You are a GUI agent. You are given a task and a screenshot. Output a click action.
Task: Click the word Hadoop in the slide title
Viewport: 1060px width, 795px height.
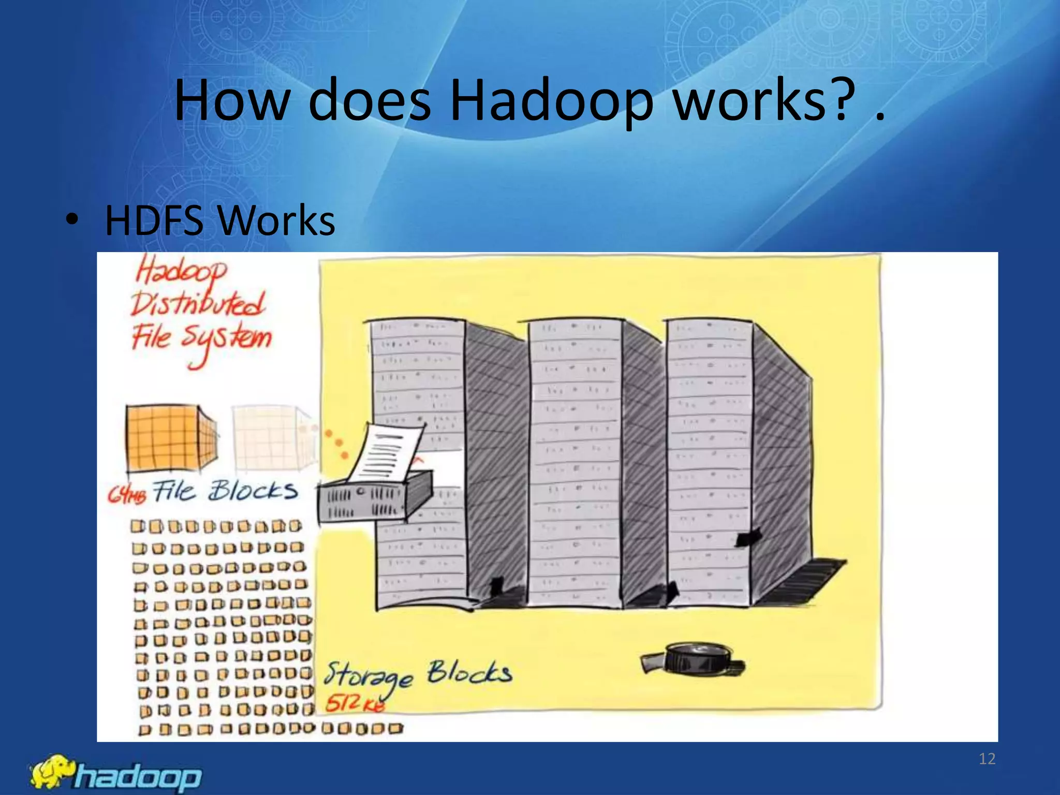[x=551, y=101]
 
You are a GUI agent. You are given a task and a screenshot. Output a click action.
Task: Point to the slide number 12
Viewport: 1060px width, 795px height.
[x=987, y=759]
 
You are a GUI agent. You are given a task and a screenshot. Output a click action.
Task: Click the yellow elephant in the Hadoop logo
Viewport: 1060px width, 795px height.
[x=52, y=772]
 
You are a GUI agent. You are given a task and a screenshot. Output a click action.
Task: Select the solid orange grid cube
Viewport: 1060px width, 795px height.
[x=171, y=438]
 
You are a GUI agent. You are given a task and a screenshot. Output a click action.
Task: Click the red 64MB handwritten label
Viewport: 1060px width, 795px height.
[x=127, y=494]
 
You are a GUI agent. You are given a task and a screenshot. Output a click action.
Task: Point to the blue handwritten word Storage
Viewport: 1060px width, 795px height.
[x=368, y=676]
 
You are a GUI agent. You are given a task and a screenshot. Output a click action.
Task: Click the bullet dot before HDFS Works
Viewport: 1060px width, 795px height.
[x=72, y=220]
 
